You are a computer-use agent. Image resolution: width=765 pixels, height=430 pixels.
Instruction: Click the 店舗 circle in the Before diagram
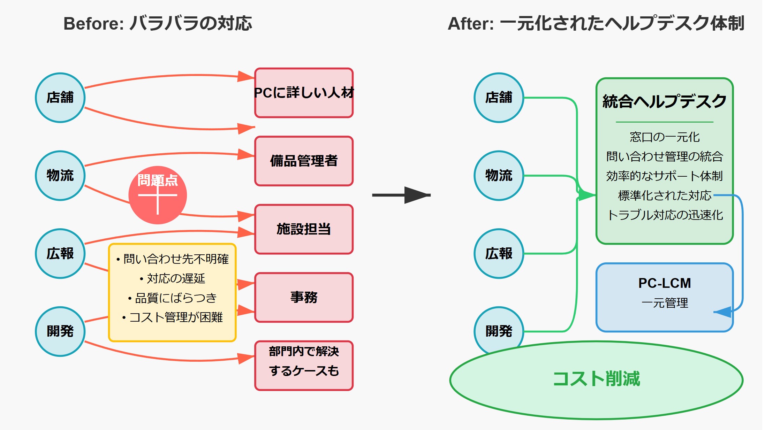pos(60,98)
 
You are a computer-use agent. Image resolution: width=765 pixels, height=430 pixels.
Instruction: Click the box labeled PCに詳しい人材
pos(304,93)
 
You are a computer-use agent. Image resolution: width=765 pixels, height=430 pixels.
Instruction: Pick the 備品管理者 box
pos(304,161)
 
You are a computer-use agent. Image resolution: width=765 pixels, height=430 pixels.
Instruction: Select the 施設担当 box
pos(304,229)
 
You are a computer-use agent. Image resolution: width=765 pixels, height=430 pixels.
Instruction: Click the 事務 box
pos(304,298)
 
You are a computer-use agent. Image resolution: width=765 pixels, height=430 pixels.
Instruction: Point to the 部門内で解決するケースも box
pos(304,365)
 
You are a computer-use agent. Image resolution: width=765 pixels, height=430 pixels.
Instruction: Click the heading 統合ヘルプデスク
pos(664,101)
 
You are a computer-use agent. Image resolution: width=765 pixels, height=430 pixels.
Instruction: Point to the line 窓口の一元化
pos(664,137)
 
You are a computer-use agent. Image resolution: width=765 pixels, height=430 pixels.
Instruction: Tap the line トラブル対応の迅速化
pos(664,215)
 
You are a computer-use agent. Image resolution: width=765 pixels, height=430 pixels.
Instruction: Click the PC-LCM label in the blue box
pos(664,283)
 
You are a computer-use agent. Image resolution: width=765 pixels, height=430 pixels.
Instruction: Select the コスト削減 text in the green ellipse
pos(596,379)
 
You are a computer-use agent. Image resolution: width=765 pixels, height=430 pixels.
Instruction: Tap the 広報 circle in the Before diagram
pos(60,253)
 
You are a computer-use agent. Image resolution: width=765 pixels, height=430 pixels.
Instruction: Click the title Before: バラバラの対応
pos(158,24)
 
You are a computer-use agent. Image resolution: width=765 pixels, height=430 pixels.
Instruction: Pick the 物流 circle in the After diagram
pos(499,176)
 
